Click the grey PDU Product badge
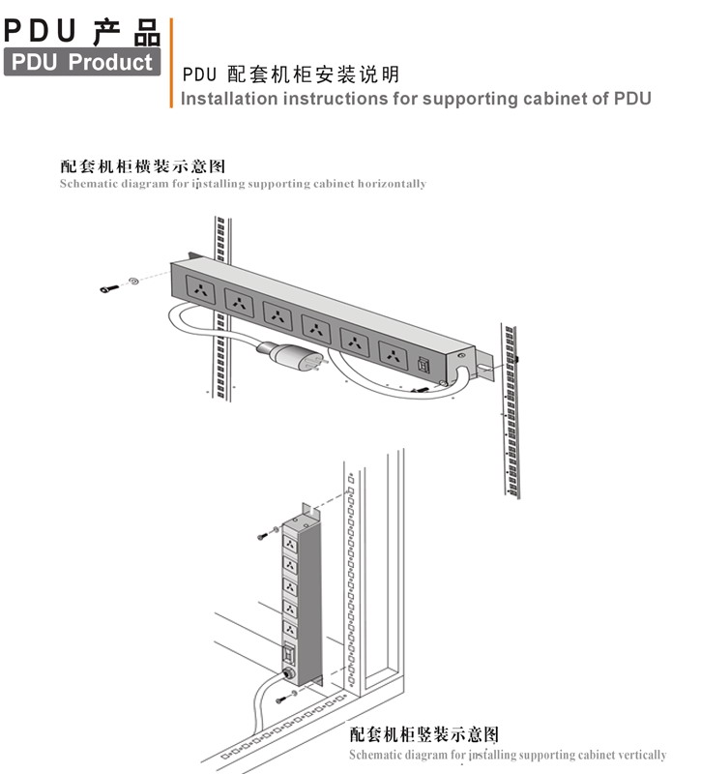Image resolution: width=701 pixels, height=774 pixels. coord(82,62)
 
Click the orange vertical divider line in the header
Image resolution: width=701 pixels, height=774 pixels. coord(172,63)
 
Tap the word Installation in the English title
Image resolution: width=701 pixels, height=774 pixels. coord(229,99)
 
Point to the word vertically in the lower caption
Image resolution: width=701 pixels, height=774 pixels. coord(642,755)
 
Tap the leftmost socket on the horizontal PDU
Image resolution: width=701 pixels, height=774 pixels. coord(200,290)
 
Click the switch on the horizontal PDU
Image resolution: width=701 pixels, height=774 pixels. coord(424,365)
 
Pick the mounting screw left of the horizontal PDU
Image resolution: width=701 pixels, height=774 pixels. coord(108,288)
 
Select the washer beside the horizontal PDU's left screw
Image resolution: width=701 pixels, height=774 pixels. coord(133,281)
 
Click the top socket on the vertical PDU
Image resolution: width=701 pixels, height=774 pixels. coord(290,545)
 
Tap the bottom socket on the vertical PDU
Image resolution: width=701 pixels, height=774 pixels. coord(290,631)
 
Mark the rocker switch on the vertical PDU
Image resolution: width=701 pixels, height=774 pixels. coord(289,654)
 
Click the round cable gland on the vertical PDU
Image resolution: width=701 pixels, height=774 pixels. coord(287,673)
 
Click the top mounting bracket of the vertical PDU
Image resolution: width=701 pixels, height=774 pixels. coord(311,513)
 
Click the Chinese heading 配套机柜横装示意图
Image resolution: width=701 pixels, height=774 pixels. coord(143,165)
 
